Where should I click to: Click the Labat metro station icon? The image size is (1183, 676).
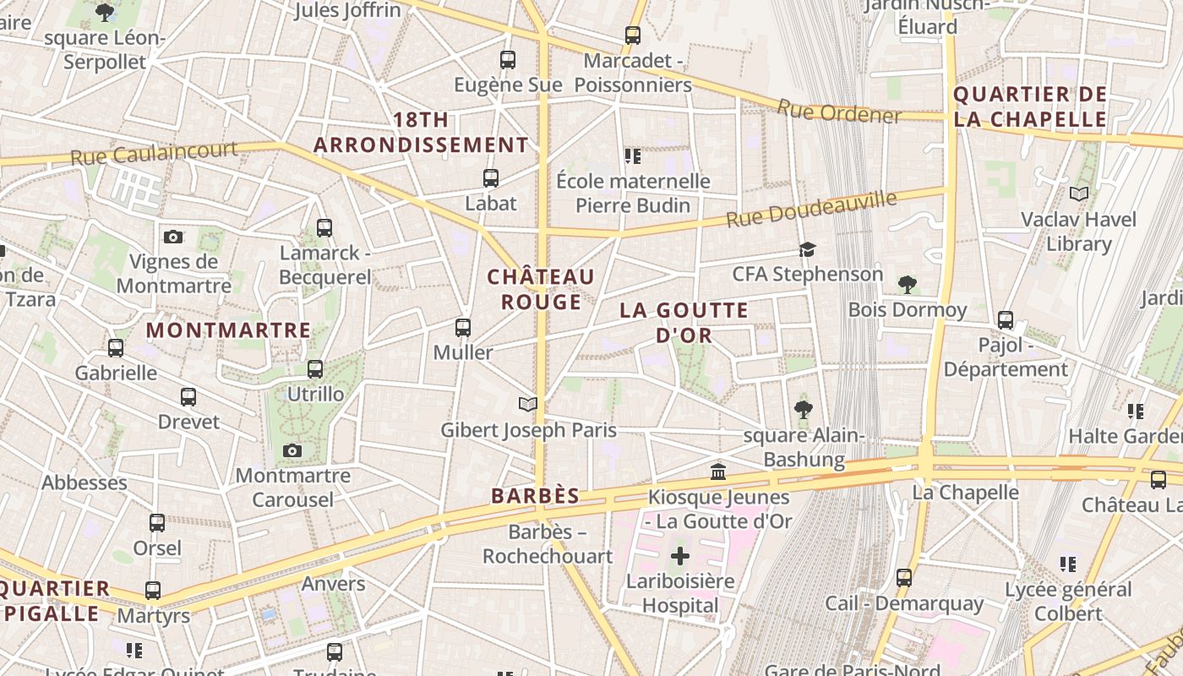pyautogui.click(x=491, y=178)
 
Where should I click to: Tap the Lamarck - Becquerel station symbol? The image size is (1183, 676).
pyautogui.click(x=324, y=228)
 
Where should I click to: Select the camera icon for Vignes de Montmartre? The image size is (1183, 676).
pyautogui.click(x=173, y=237)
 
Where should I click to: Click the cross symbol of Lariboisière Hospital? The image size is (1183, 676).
pyautogui.click(x=680, y=556)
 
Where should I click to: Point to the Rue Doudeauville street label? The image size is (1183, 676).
pyautogui.click(x=811, y=210)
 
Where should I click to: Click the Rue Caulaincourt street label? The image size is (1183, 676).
pyautogui.click(x=154, y=154)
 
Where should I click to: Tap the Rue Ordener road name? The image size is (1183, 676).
pyautogui.click(x=839, y=111)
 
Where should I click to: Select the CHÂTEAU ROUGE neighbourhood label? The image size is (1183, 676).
pyautogui.click(x=541, y=289)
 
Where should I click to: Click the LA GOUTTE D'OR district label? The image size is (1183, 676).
pyautogui.click(x=684, y=323)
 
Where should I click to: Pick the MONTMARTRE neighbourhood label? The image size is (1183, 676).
pyautogui.click(x=229, y=330)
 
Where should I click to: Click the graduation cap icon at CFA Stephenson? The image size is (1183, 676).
pyautogui.click(x=808, y=249)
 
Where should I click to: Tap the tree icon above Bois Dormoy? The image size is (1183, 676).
pyautogui.click(x=908, y=285)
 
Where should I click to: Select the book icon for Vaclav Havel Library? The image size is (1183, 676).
pyautogui.click(x=1078, y=194)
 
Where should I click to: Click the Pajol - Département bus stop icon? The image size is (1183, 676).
pyautogui.click(x=1006, y=320)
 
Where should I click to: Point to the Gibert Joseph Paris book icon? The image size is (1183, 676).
pyautogui.click(x=528, y=405)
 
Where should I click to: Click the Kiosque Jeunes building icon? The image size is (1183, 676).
pyautogui.click(x=718, y=472)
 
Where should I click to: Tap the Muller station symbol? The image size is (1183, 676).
pyautogui.click(x=463, y=328)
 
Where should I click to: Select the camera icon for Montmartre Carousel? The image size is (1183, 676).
pyautogui.click(x=292, y=451)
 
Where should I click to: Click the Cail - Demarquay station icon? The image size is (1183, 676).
pyautogui.click(x=904, y=578)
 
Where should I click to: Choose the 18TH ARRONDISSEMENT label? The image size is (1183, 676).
pyautogui.click(x=421, y=133)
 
